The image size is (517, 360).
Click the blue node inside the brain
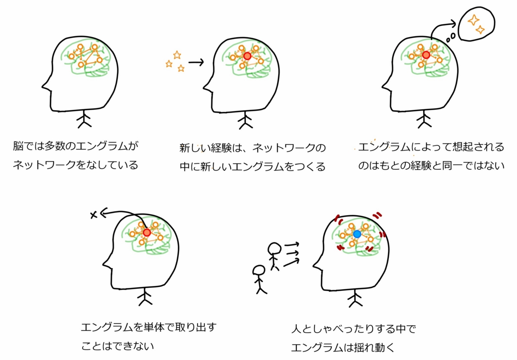click(x=357, y=234)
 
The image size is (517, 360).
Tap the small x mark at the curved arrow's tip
click(x=93, y=215)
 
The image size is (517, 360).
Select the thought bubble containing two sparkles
click(x=477, y=23)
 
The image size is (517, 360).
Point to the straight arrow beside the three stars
click(x=196, y=62)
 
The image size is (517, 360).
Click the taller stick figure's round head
click(x=274, y=249)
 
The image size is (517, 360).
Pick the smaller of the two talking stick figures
click(x=260, y=279)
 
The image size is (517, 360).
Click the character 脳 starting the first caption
click(x=18, y=146)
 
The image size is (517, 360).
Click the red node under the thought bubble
click(x=426, y=55)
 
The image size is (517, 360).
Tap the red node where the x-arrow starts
click(x=147, y=233)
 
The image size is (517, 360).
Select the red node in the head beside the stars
click(x=247, y=56)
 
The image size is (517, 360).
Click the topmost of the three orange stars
click(x=177, y=55)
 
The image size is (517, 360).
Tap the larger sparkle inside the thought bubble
click(x=474, y=20)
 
